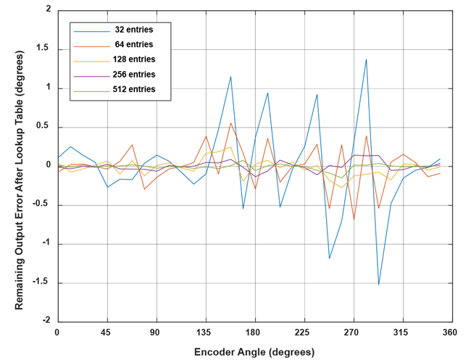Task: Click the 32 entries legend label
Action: pyautogui.click(x=133, y=29)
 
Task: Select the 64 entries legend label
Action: pyautogui.click(x=133, y=44)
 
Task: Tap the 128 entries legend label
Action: pyautogui.click(x=133, y=59)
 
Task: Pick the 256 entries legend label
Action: pyautogui.click(x=133, y=75)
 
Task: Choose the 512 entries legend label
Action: pyautogui.click(x=133, y=90)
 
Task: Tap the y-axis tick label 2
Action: pyautogui.click(x=48, y=10)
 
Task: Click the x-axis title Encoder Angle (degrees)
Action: pyautogui.click(x=254, y=352)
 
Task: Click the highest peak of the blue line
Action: pyautogui.click(x=367, y=59)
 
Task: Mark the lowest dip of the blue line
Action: pyautogui.click(x=378, y=285)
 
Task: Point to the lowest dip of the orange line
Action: pyautogui.click(x=354, y=219)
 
